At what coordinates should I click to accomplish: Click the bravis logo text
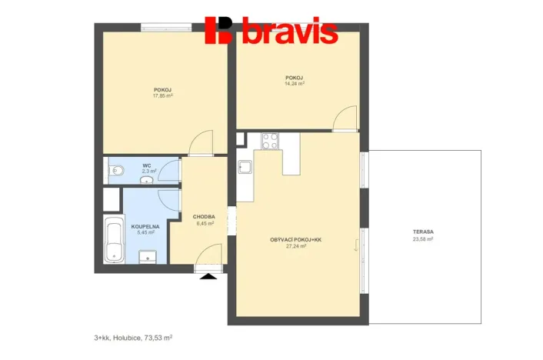pyautogui.click(x=289, y=32)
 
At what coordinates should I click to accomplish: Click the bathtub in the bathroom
pyautogui.click(x=114, y=239)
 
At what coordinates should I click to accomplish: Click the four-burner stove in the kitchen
pyautogui.click(x=270, y=141)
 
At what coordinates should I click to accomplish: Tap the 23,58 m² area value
pyautogui.click(x=422, y=239)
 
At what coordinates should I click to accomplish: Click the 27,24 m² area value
pyautogui.click(x=295, y=247)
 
